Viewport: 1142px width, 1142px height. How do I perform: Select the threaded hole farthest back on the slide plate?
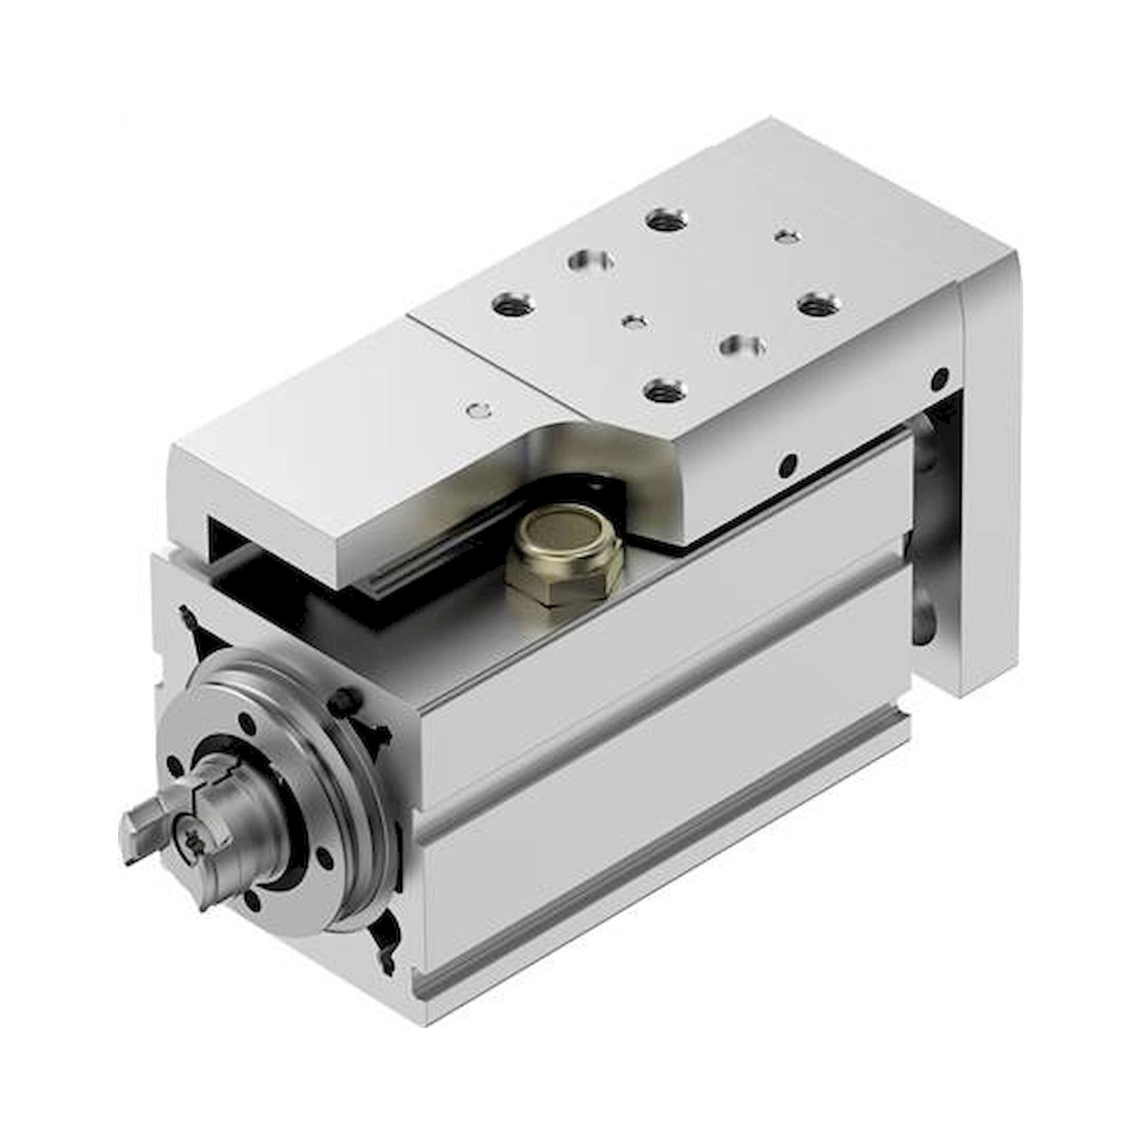666,221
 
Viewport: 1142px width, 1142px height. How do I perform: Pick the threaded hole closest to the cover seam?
514,305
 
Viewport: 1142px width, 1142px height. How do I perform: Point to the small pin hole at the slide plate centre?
634,322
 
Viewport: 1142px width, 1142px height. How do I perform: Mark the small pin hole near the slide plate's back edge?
787,237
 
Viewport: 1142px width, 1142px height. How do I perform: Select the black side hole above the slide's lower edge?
787,465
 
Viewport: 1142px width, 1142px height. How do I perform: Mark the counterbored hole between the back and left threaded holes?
590,260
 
